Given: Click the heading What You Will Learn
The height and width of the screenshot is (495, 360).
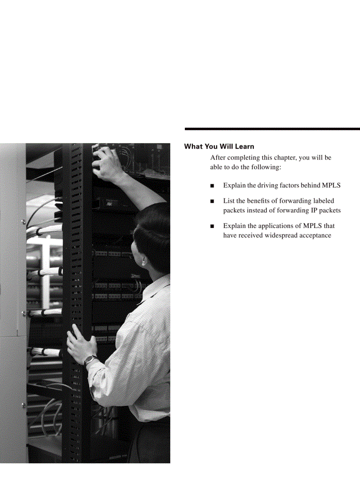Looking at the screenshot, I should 219,146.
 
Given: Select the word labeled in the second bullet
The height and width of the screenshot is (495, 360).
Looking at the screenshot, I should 323,201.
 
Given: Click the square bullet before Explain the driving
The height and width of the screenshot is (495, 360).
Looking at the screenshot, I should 213,186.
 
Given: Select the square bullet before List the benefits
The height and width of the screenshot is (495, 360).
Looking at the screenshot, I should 213,201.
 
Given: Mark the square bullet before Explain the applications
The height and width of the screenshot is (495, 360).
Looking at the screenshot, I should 213,226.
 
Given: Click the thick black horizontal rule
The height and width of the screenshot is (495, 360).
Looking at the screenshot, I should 272,129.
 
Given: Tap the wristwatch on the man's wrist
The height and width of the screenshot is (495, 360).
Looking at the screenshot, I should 90,360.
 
